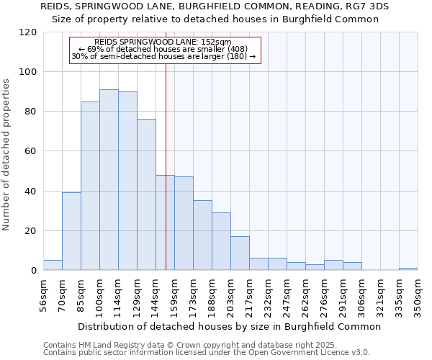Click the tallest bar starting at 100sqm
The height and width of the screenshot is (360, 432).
[109, 180]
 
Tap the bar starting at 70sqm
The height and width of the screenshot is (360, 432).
[71, 231]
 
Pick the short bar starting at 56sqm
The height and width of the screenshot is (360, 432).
[53, 265]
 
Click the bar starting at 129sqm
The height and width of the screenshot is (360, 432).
[146, 194]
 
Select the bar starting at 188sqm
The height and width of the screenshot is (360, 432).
[221, 241]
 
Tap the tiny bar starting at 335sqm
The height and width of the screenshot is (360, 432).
[408, 269]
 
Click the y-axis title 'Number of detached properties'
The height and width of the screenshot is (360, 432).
[6, 155]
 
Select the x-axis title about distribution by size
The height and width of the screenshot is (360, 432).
[229, 326]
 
